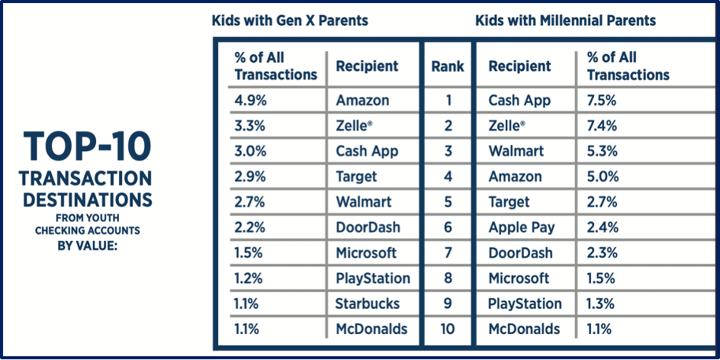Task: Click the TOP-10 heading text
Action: click(x=87, y=146)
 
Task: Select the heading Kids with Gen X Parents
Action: click(x=290, y=21)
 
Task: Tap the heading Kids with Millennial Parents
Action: click(x=565, y=21)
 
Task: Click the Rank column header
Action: click(x=448, y=66)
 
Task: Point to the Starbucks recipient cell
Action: click(x=367, y=304)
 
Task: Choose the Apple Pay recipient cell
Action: click(x=522, y=227)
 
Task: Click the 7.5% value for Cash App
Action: click(x=602, y=101)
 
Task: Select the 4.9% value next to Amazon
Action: click(x=250, y=101)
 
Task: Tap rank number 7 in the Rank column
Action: click(x=448, y=253)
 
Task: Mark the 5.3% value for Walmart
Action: click(x=602, y=151)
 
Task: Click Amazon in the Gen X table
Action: click(x=362, y=101)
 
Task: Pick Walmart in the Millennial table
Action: click(x=516, y=151)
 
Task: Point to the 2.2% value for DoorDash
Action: click(x=250, y=227)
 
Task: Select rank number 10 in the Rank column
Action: click(x=448, y=329)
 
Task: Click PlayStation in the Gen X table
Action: click(x=373, y=278)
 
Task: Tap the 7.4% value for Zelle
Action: click(x=602, y=126)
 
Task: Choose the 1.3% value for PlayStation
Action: click(x=602, y=304)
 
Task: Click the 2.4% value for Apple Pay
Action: click(x=602, y=227)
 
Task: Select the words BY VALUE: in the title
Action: click(x=87, y=246)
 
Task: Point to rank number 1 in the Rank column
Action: click(x=448, y=101)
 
